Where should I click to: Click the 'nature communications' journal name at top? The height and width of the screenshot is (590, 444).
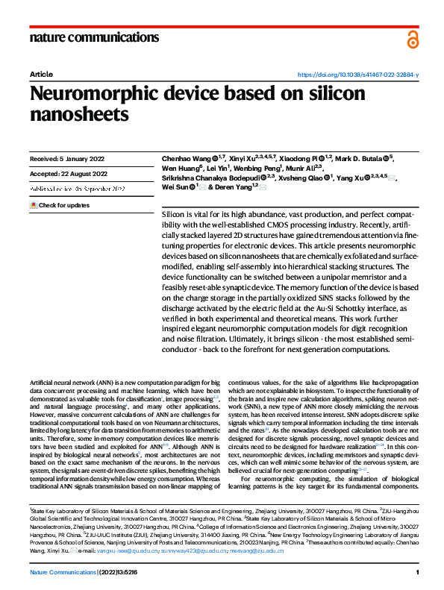coord(94,38)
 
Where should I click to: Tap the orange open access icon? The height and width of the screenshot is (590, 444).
coord(413,40)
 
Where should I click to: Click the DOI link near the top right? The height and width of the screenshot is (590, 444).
coord(358,75)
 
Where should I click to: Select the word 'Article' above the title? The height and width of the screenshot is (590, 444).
coord(40,75)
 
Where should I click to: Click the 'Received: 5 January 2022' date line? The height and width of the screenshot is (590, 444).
coord(68,160)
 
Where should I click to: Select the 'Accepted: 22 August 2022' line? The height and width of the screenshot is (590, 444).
coord(68,174)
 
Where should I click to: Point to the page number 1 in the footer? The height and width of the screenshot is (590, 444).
coord(417,571)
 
